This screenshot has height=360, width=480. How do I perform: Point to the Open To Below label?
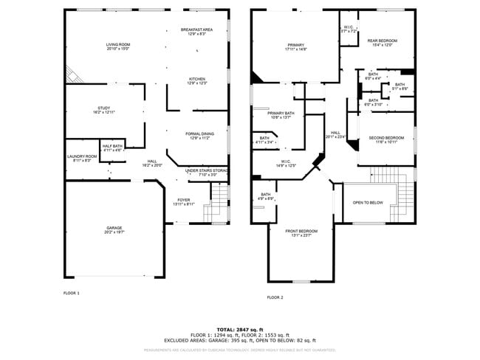point(367,202)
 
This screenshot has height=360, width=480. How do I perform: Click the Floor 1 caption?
point(71,294)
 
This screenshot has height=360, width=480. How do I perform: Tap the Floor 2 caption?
point(275,297)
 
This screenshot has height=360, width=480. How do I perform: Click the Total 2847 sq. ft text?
point(239,329)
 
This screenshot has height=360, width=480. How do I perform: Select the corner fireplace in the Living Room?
point(72,74)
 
